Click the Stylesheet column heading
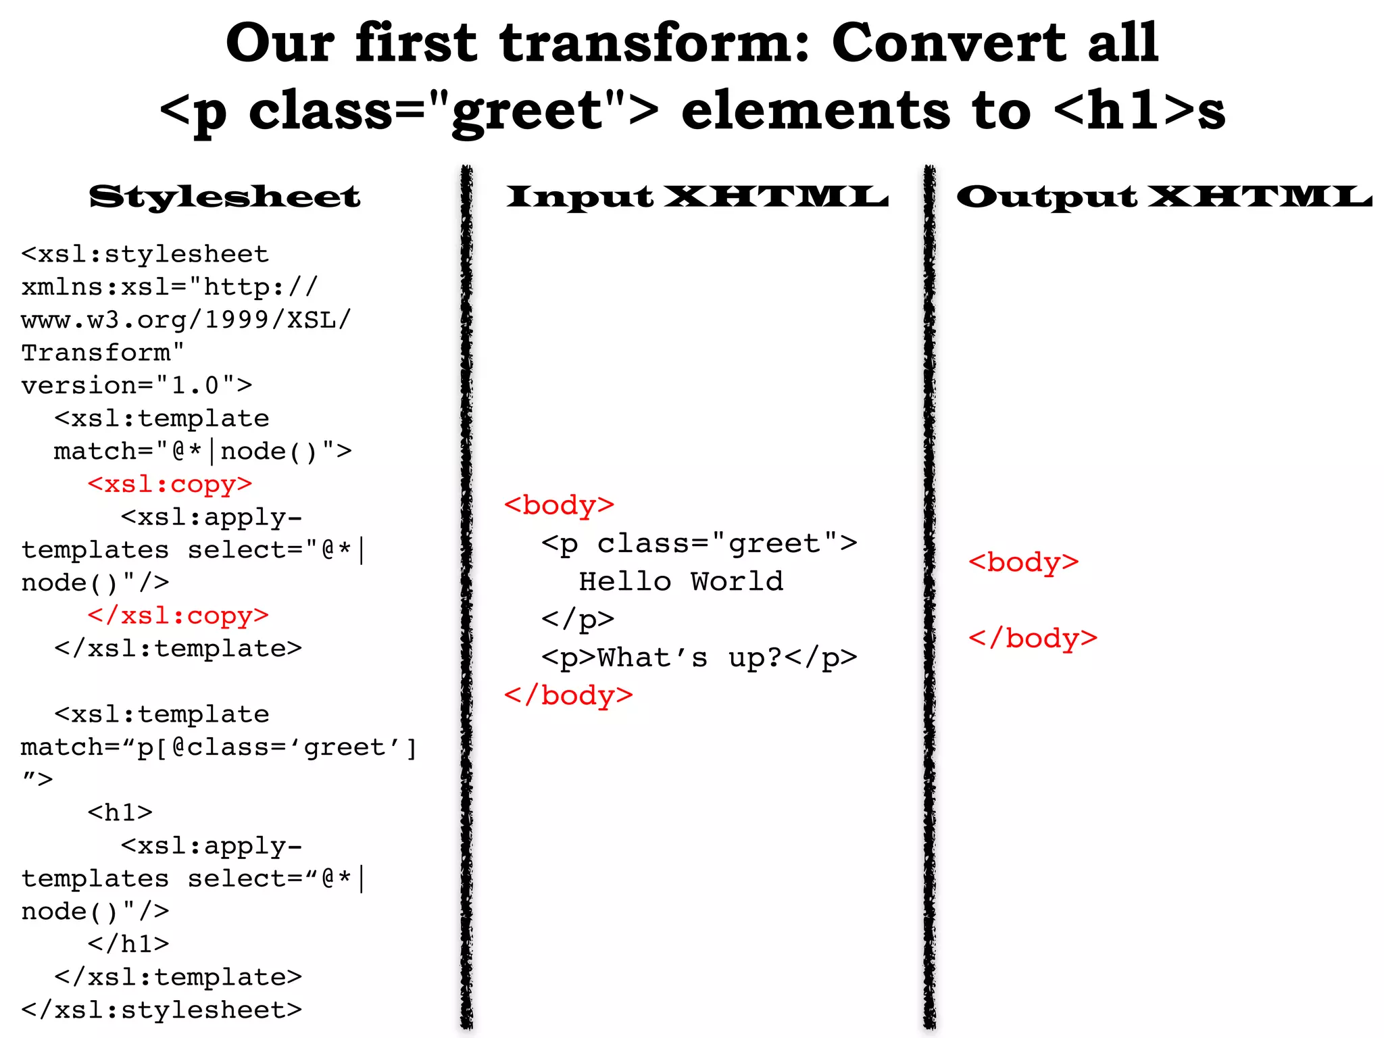[x=224, y=197]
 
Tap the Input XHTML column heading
[x=697, y=197]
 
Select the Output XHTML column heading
[x=1164, y=197]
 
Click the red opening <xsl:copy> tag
[x=170, y=484]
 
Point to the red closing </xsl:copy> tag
[x=178, y=615]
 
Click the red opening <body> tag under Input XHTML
[x=559, y=505]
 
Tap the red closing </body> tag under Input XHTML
[x=568, y=695]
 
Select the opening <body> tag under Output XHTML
[x=1023, y=562]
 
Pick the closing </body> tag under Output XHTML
[x=1033, y=638]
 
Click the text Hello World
[x=681, y=581]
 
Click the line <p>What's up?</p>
[x=699, y=658]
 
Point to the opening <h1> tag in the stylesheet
[x=120, y=812]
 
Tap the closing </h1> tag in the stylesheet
[x=128, y=943]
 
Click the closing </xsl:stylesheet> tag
[x=162, y=1010]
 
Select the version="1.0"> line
[x=137, y=385]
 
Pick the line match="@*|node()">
[x=203, y=451]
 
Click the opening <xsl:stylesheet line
[x=145, y=254]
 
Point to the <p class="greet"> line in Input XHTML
[x=699, y=543]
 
